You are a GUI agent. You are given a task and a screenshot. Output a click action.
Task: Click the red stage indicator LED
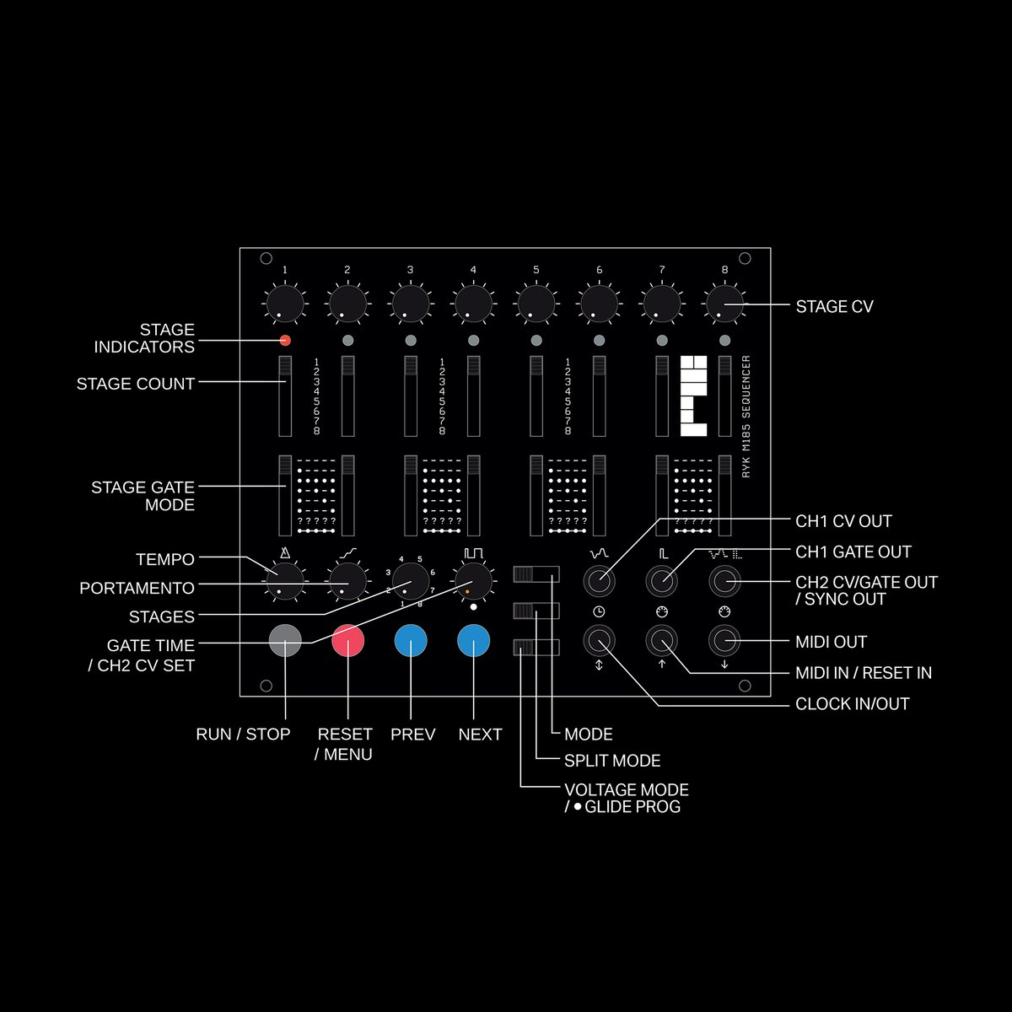click(285, 341)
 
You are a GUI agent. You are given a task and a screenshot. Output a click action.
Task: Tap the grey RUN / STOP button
click(285, 641)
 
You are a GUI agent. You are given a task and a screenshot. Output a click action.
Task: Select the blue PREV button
click(411, 641)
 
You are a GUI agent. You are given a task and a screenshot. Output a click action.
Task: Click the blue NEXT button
click(474, 641)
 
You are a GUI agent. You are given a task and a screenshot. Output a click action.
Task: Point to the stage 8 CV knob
click(724, 304)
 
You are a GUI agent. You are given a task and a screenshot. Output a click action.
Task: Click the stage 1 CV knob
click(285, 304)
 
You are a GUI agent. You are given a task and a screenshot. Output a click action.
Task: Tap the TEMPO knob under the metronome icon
click(285, 581)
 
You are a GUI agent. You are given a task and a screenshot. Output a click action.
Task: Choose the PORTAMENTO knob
click(347, 581)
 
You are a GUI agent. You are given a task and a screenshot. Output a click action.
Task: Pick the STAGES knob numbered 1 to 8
click(411, 581)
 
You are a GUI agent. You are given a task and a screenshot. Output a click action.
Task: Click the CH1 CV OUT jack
click(599, 581)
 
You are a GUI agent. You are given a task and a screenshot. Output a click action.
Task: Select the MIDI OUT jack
click(724, 641)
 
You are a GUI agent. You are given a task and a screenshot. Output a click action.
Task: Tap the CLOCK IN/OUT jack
click(599, 641)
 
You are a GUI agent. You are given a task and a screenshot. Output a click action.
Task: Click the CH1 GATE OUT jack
click(662, 581)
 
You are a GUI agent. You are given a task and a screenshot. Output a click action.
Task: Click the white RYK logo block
click(693, 396)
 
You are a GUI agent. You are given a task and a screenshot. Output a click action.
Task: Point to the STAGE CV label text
click(835, 307)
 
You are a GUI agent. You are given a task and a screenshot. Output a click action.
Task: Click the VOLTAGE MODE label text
click(627, 790)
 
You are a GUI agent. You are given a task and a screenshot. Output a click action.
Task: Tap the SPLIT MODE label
click(612, 761)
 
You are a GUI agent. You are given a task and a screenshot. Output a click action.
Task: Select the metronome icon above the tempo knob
click(285, 552)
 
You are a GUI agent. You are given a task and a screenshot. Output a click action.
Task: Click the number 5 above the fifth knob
click(536, 269)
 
